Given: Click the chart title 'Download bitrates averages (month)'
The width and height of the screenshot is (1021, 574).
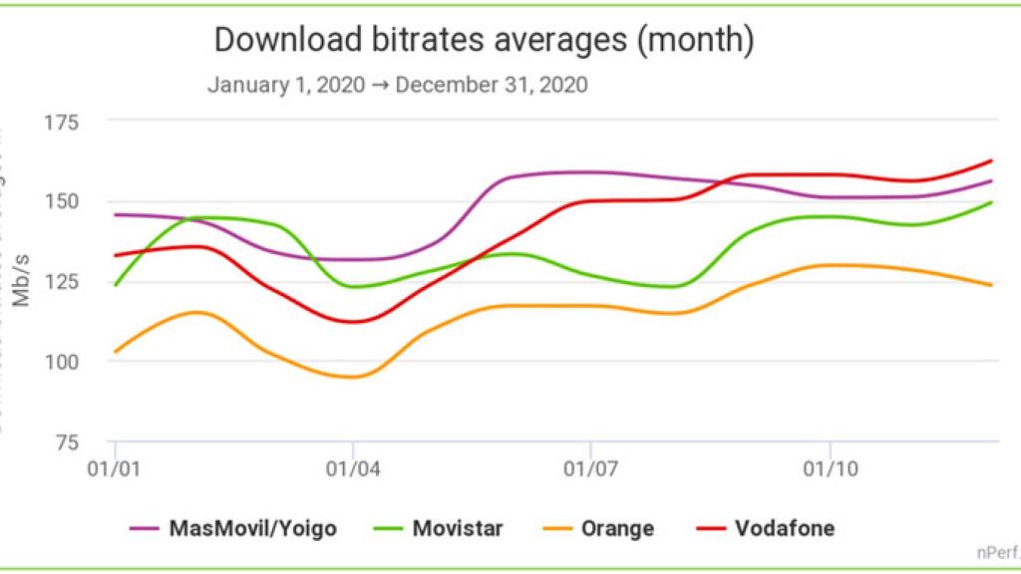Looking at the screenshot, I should click(x=484, y=41).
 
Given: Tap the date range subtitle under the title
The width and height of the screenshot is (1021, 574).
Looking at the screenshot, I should click(x=397, y=85).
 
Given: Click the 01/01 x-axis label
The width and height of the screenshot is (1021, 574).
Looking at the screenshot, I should click(x=115, y=466).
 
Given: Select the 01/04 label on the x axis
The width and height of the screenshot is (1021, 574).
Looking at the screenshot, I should click(x=353, y=466).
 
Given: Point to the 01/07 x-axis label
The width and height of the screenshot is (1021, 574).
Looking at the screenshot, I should click(x=591, y=466).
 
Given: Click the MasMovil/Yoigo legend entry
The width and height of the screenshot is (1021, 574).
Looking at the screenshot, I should click(x=233, y=528).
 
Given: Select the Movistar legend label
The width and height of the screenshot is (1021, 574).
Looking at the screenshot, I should click(x=440, y=528).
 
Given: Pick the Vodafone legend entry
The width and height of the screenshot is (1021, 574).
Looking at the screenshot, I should click(x=764, y=528).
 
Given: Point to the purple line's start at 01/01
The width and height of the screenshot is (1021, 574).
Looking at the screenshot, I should click(x=116, y=214).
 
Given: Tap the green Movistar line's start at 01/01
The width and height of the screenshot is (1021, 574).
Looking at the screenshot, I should click(x=116, y=285).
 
